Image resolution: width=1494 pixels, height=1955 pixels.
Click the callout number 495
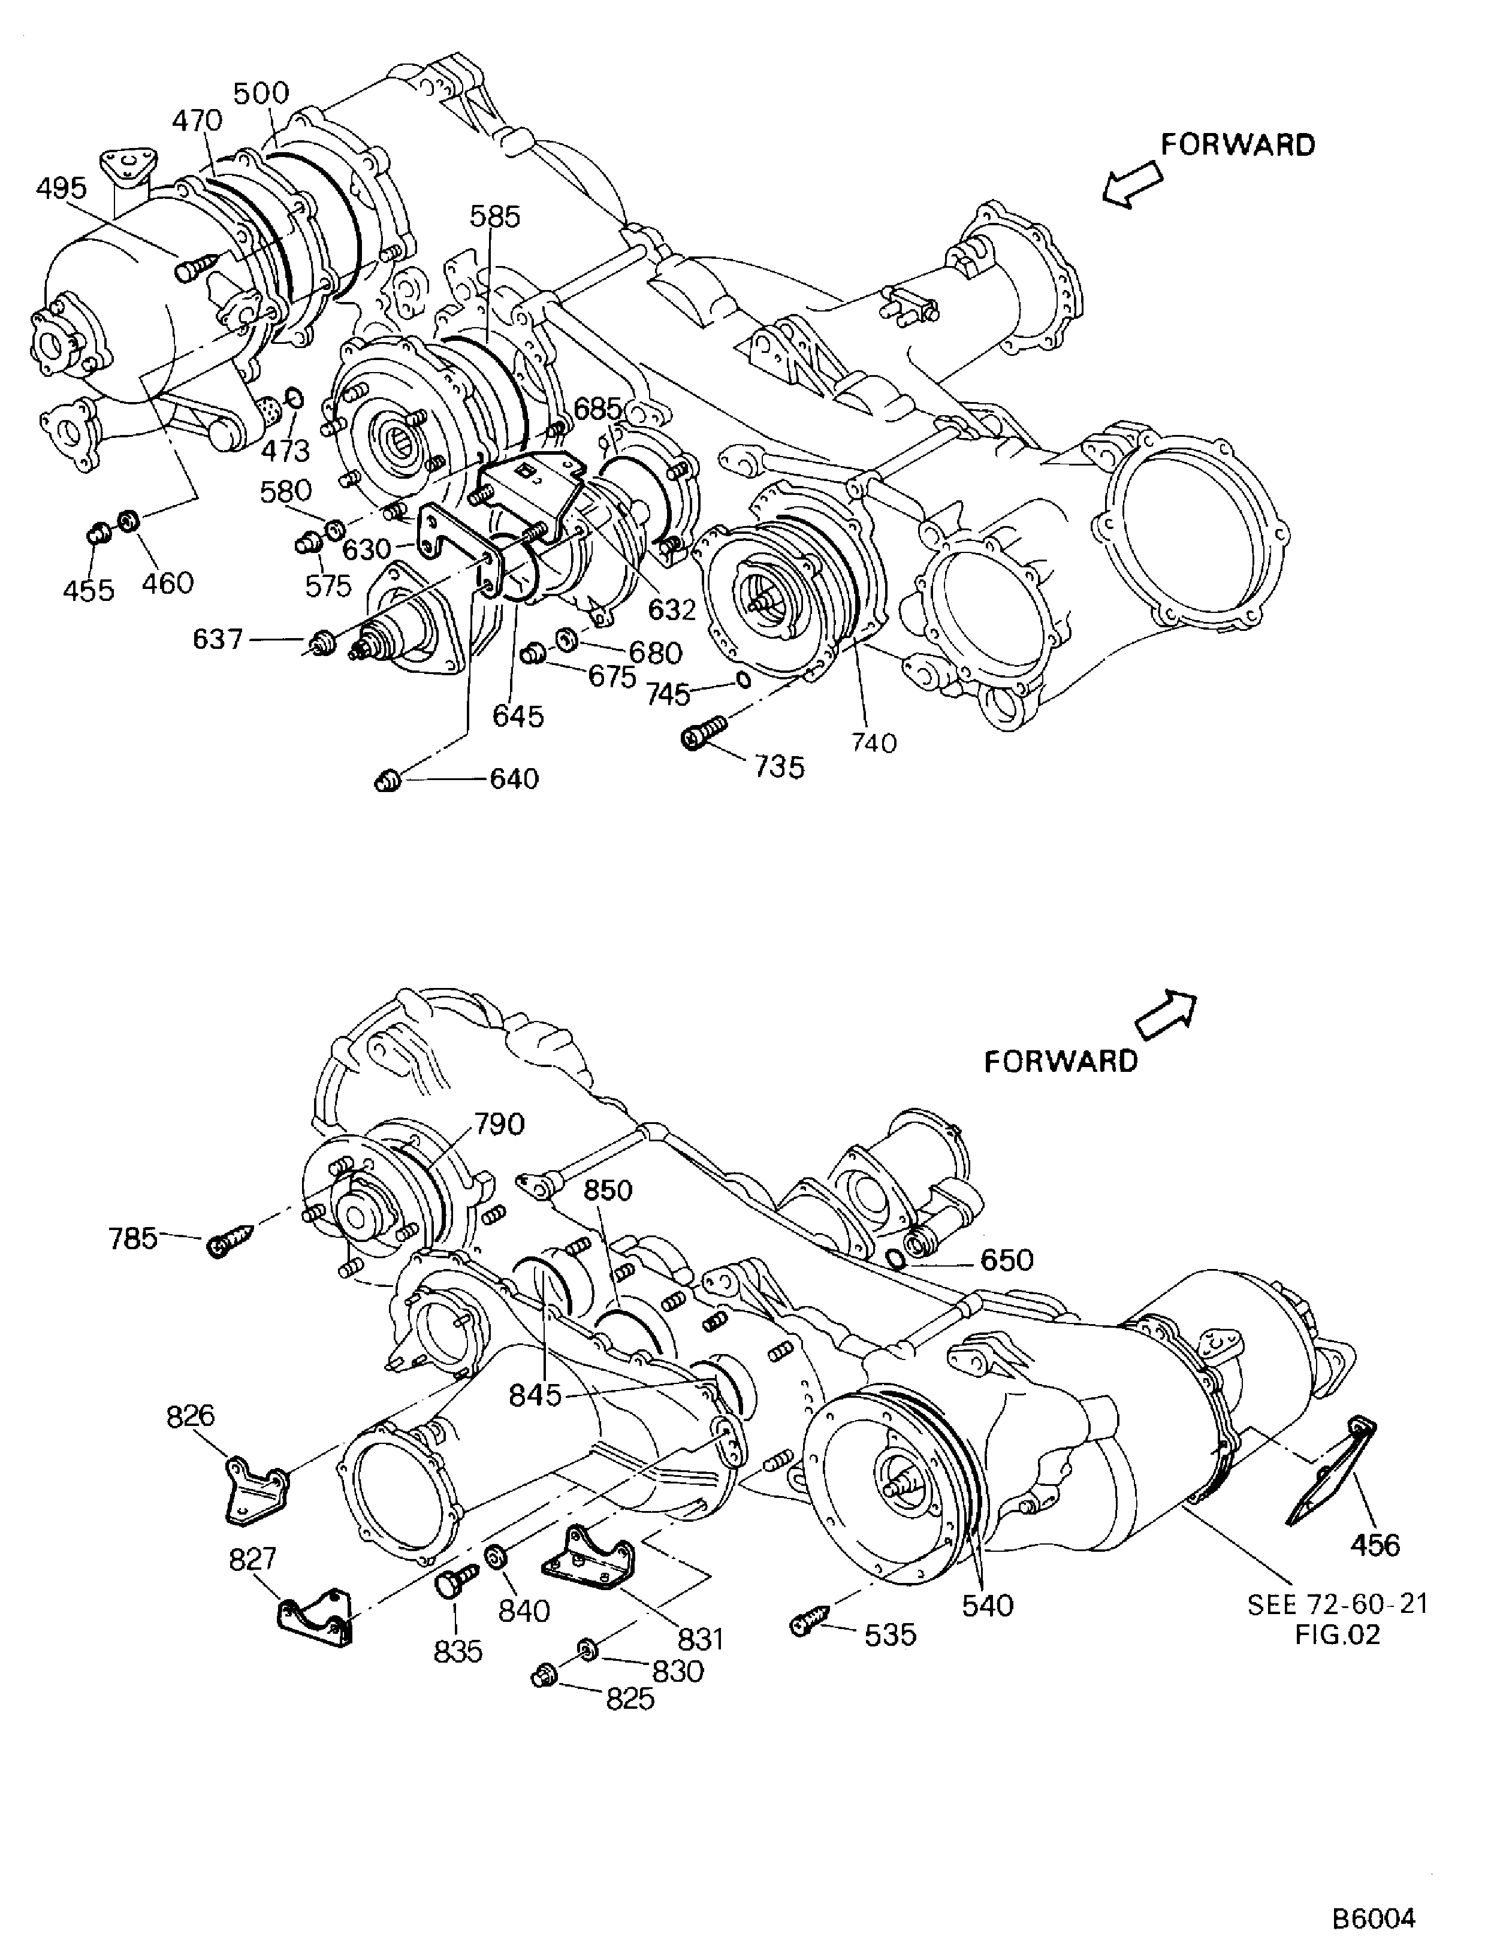coord(62,189)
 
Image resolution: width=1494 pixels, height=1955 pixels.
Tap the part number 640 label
coord(514,779)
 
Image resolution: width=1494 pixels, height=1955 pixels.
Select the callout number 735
coord(779,766)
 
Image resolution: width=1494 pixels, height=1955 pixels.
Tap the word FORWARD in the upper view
coord(1238,145)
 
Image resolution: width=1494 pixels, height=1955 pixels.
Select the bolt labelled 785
coord(230,1239)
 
